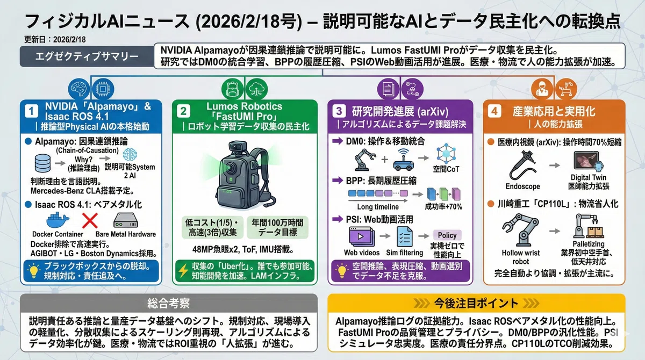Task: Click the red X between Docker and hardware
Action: click(90, 221)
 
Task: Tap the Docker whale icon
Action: click(58, 220)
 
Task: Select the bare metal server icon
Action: click(126, 221)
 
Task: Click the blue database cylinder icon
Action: click(42, 163)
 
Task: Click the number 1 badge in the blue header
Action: click(31, 111)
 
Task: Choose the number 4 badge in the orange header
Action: click(494, 111)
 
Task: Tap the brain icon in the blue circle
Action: click(79, 89)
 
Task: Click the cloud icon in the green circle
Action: click(256, 89)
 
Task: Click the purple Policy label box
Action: click(447, 235)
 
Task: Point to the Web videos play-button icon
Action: click(362, 236)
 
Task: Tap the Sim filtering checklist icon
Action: click(405, 236)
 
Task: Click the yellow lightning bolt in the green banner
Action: click(183, 270)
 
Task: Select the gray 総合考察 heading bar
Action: click(169, 303)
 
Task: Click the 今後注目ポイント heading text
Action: click(476, 303)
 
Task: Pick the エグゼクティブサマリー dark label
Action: click(87, 56)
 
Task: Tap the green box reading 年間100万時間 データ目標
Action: click(277, 227)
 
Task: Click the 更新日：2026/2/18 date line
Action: click(55, 39)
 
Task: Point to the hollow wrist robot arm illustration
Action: click(521, 229)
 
